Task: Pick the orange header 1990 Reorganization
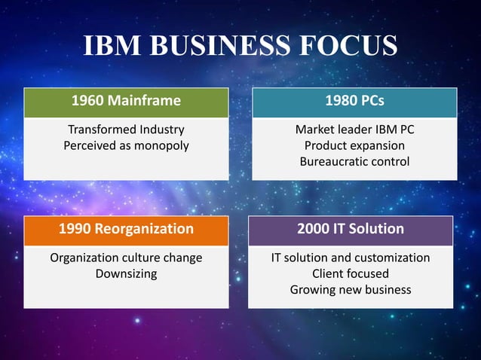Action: coord(126,228)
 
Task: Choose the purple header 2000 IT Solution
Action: coord(351,228)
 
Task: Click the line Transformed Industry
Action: coord(126,130)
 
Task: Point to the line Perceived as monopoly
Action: coord(126,145)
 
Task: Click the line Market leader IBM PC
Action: coord(354,130)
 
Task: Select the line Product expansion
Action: coord(354,145)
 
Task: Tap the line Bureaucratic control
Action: coord(354,161)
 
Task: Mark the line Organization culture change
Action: coord(126,258)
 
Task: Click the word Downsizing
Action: coord(126,273)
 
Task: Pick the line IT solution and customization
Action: coord(351,258)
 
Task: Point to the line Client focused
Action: coord(351,273)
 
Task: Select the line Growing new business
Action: coord(351,289)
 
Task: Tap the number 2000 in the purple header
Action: coord(314,228)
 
